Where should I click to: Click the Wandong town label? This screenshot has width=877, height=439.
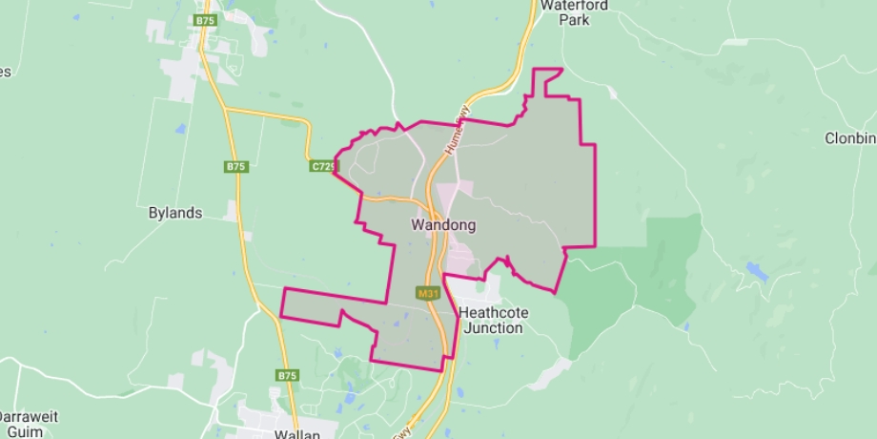click(443, 226)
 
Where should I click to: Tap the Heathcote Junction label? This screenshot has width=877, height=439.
click(491, 321)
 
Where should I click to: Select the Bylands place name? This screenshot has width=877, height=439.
click(175, 213)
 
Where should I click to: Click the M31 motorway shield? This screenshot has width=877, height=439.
click(427, 294)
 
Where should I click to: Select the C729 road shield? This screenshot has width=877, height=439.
click(323, 166)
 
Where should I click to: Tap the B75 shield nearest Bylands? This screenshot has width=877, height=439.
click(236, 167)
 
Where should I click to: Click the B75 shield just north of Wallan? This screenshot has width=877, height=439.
click(288, 376)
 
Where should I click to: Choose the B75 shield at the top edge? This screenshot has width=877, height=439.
click(205, 19)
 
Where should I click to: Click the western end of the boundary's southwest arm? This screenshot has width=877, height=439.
click(283, 303)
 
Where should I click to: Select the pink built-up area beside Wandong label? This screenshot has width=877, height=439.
click(460, 256)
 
